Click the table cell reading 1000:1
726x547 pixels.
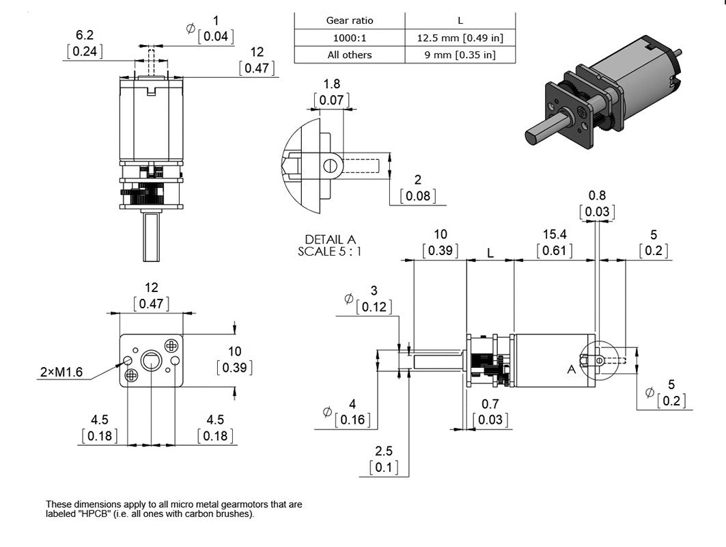tap(349, 38)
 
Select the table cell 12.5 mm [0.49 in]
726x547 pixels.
tap(460, 38)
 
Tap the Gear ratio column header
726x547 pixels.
tap(349, 21)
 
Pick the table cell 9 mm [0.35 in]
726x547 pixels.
tap(460, 55)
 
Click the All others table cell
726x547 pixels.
tap(349, 55)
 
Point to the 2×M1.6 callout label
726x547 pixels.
tap(61, 372)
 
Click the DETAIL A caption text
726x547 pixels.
tap(331, 240)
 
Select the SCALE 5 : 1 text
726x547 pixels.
tap(330, 251)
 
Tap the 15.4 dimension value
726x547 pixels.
tap(555, 235)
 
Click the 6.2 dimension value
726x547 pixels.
tap(85, 34)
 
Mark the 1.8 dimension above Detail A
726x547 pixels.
tap(331, 84)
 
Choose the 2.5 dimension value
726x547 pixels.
tap(385, 451)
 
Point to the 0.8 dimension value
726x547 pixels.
tap(596, 195)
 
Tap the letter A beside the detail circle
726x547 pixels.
tap(571, 370)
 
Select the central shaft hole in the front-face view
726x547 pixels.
tap(150, 360)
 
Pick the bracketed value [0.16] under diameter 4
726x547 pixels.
tap(352, 419)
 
